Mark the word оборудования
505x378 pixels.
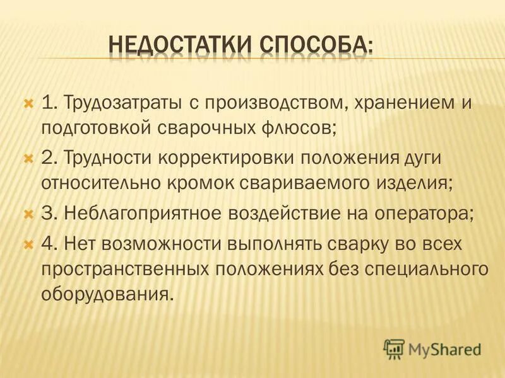coord(107,295)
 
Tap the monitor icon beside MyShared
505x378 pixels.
coord(394,348)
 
